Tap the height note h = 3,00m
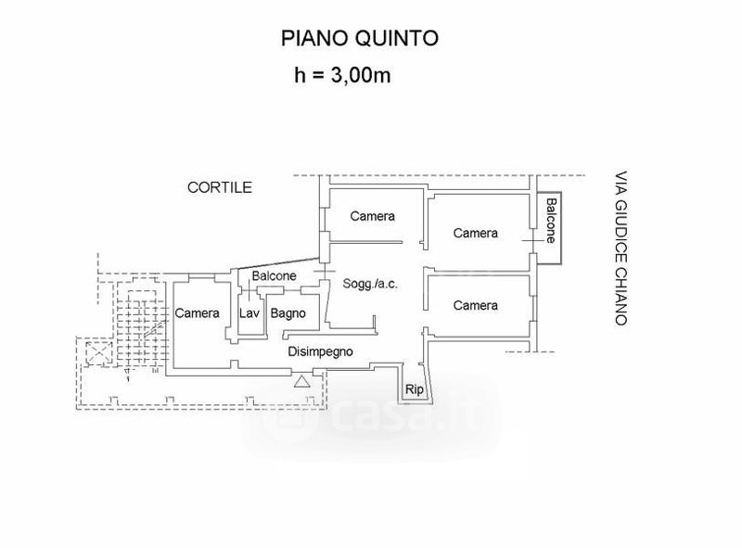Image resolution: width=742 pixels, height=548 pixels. coord(340,75)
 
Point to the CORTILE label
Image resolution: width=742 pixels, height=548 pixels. coord(220,187)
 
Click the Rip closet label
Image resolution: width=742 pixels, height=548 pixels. coord(415,390)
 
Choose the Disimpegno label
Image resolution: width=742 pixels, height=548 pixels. coord(321,351)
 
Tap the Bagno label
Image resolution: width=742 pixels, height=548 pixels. coord(288,313)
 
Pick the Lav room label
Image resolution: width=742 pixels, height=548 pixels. coord(249,313)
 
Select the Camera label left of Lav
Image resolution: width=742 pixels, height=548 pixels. coord(198,313)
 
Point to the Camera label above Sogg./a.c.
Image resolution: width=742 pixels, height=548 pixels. coord(372,216)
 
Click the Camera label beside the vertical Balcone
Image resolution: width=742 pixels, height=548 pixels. coord(475,233)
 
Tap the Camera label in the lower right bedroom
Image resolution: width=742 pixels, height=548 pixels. coord(475,305)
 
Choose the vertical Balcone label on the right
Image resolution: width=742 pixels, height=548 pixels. coord(550,221)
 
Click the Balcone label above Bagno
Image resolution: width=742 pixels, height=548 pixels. coord(274,275)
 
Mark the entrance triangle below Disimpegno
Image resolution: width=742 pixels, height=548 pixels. coord(301,380)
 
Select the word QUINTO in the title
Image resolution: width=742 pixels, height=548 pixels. coord(398,38)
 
